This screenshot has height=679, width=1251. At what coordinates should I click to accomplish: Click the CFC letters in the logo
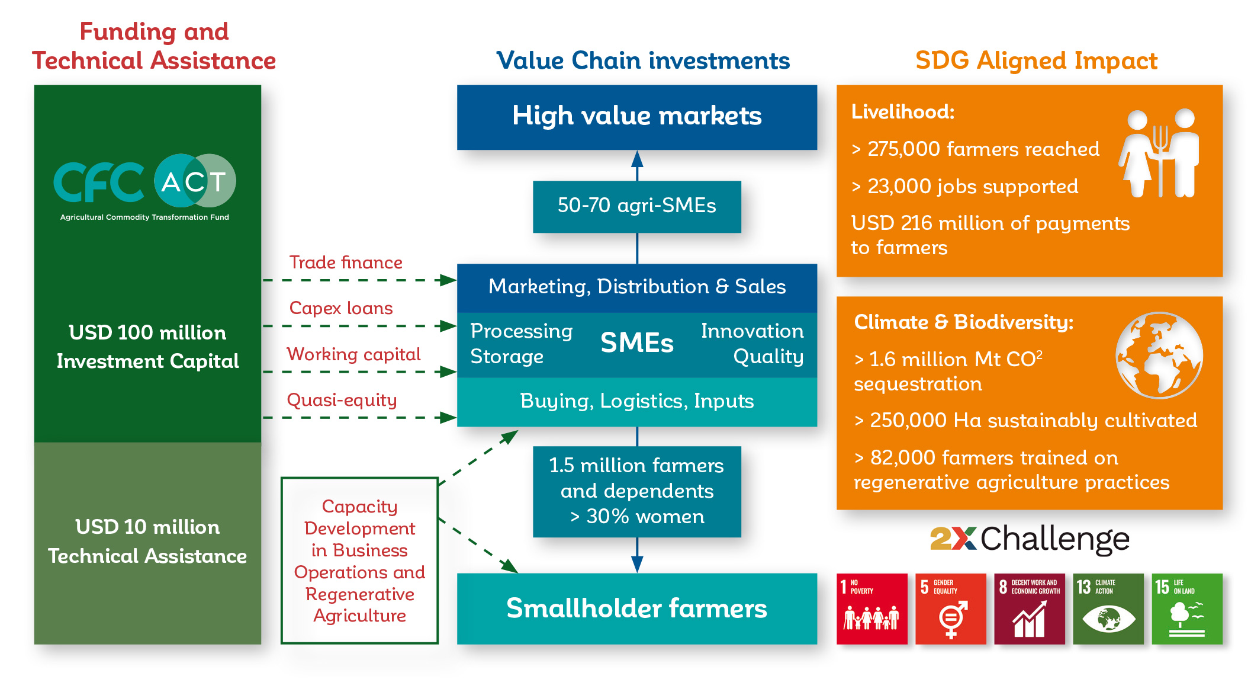pyautogui.click(x=99, y=182)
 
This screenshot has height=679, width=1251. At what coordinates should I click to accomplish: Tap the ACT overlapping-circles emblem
pyautogui.click(x=195, y=181)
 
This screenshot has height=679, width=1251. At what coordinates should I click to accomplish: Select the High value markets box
pyautogui.click(x=637, y=117)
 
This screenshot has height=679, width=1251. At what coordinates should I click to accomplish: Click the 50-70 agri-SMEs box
pyautogui.click(x=637, y=206)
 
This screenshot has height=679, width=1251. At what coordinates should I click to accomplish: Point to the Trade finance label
pyautogui.click(x=346, y=262)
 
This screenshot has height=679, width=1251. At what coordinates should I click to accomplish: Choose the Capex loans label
pyautogui.click(x=341, y=308)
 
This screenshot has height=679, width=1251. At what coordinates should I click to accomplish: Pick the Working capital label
pyautogui.click(x=353, y=354)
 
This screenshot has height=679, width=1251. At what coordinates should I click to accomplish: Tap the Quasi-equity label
pyautogui.click(x=342, y=400)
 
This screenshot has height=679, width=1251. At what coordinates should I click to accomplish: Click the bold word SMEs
pyautogui.click(x=637, y=342)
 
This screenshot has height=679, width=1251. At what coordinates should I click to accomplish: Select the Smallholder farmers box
pyautogui.click(x=637, y=608)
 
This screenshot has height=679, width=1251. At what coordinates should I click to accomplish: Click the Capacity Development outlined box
pyautogui.click(x=360, y=561)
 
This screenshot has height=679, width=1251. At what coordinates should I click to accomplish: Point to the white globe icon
pyautogui.click(x=1159, y=355)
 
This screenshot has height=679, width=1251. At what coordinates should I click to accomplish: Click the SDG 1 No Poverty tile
pyautogui.click(x=871, y=608)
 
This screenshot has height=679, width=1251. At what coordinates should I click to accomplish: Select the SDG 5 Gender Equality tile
pyautogui.click(x=951, y=608)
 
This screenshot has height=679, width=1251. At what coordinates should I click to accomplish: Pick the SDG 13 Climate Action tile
pyautogui.click(x=1108, y=608)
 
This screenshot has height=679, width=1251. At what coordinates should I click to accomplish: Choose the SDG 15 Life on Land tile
pyautogui.click(x=1187, y=608)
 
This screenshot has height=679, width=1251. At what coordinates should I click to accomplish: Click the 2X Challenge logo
pyautogui.click(x=1030, y=539)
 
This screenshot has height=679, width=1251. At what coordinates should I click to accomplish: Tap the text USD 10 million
pyautogui.click(x=147, y=527)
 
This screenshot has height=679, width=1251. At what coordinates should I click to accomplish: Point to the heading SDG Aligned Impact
pyautogui.click(x=1036, y=60)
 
